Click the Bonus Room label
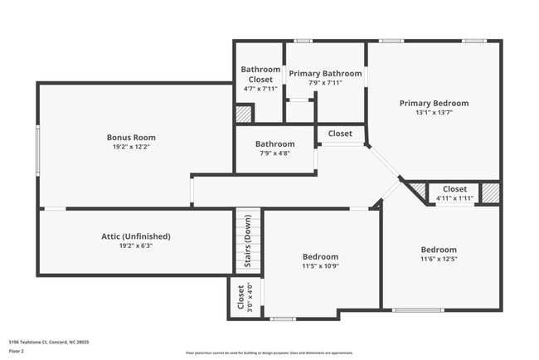[x=131, y=138]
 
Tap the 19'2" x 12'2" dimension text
[x=131, y=147]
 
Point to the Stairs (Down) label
[x=247, y=241]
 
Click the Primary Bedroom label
[x=434, y=104]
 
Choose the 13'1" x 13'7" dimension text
[x=434, y=113]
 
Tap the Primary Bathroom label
[x=325, y=74]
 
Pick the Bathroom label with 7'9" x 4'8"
[x=274, y=144]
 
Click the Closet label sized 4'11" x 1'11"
[x=454, y=189]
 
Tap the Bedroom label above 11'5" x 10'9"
[x=319, y=257]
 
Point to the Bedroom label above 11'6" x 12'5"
[x=438, y=250]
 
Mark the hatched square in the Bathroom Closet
[x=244, y=114]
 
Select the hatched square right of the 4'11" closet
[x=491, y=192]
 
